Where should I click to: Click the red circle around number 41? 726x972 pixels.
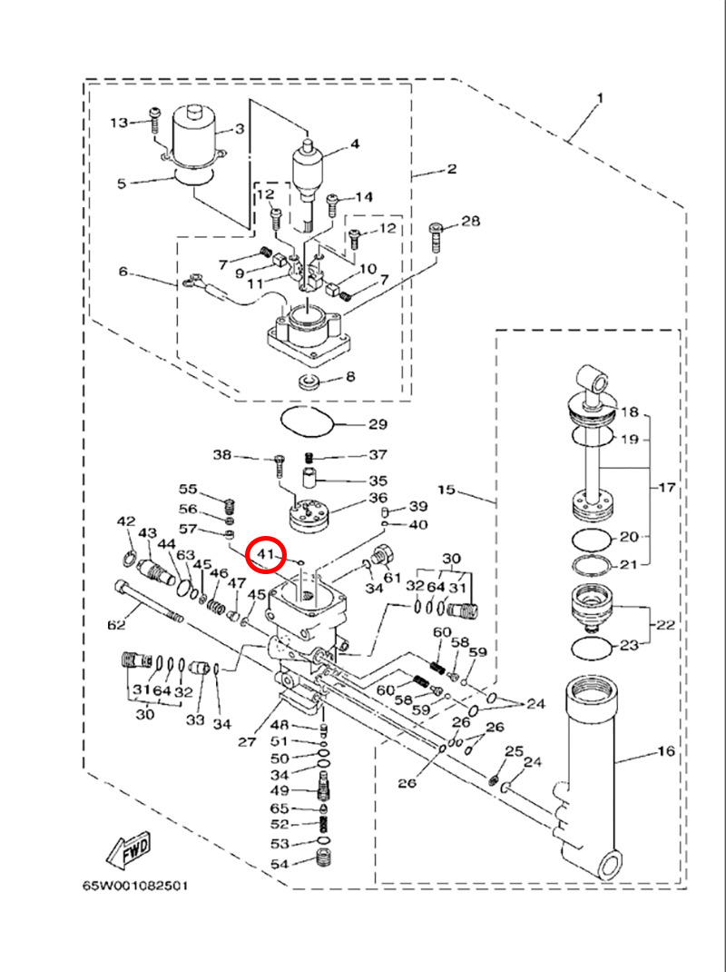[x=269, y=554]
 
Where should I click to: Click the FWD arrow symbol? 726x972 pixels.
[x=128, y=848]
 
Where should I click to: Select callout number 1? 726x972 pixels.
[x=600, y=97]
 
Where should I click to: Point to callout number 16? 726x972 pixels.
[x=666, y=753]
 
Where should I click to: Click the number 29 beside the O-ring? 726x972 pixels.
[x=377, y=424]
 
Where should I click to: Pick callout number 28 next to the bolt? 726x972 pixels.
[x=471, y=221]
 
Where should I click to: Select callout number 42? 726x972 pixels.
[x=125, y=521]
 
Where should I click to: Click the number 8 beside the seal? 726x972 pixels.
[x=349, y=376]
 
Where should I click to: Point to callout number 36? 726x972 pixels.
[x=377, y=498]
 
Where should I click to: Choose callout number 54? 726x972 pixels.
[x=279, y=864]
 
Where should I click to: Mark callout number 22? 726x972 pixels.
[x=666, y=625]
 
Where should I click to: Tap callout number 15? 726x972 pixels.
[x=446, y=490]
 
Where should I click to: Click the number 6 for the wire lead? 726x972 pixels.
[x=123, y=272]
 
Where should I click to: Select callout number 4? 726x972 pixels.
[x=355, y=144]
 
